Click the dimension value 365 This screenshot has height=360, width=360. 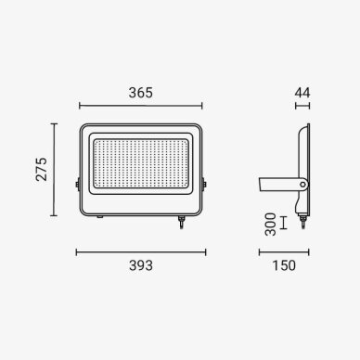pos(141,93)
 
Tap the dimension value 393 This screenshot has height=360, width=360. pos(141,265)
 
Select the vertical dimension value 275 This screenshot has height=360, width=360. pos(41,169)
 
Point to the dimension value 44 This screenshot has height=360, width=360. pos(302,93)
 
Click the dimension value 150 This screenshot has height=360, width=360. pos(284,265)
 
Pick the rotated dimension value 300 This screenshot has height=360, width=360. pos(271,225)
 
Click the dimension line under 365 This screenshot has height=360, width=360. pos(141,106)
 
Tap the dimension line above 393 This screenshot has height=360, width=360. pos(141,252)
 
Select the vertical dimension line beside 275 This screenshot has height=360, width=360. pos(54,170)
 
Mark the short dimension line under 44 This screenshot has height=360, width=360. pos(302,106)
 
